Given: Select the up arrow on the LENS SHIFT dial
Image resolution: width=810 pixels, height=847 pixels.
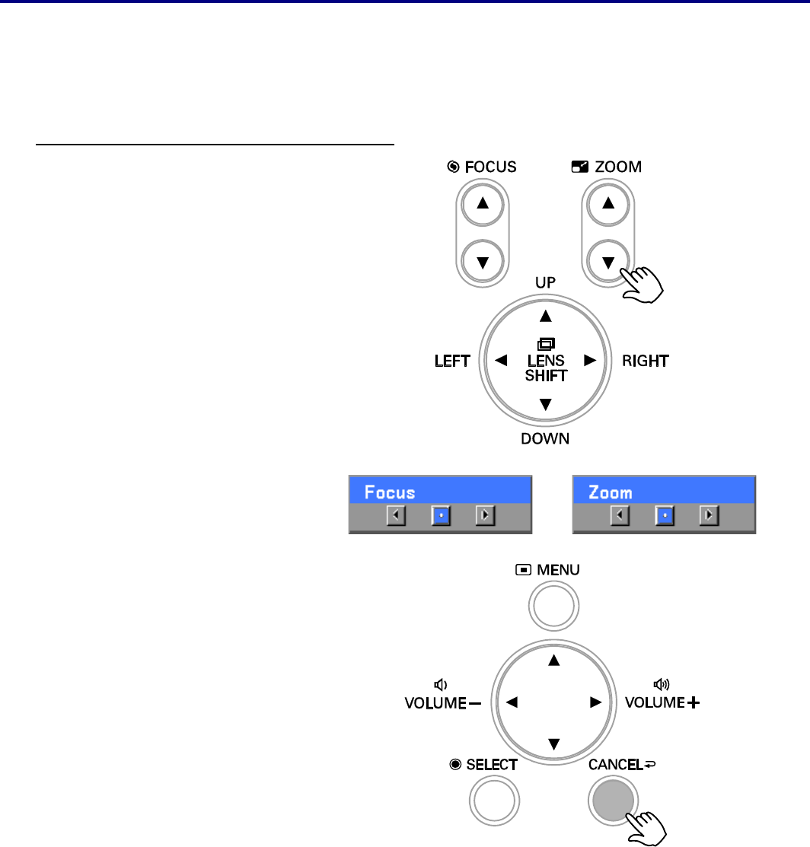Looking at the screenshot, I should pyautogui.click(x=544, y=315).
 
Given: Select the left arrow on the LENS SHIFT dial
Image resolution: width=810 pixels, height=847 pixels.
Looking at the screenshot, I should pyautogui.click(x=500, y=361).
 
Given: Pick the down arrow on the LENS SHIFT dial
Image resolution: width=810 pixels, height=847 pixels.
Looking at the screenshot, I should pyautogui.click(x=544, y=406).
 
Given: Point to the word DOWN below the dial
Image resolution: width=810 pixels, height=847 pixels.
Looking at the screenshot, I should pyautogui.click(x=544, y=438).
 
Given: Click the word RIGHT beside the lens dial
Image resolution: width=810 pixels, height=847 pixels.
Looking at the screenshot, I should pyautogui.click(x=645, y=361).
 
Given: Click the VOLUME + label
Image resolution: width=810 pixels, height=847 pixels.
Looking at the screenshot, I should pyautogui.click(x=662, y=702).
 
